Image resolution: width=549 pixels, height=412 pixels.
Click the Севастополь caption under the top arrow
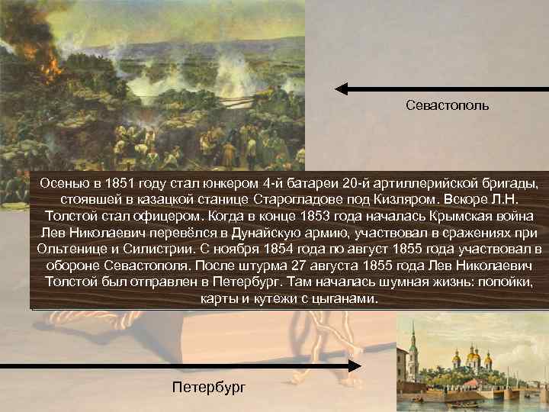click(448, 105)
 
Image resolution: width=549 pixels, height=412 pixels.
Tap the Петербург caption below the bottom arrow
click(208, 387)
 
